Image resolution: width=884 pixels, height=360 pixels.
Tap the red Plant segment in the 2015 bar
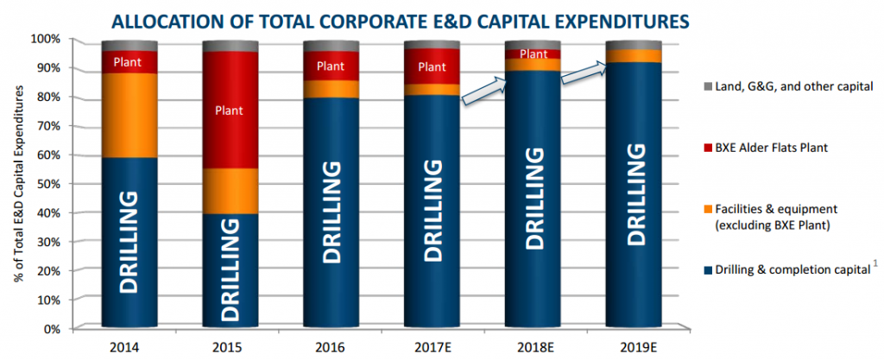coord(230,110)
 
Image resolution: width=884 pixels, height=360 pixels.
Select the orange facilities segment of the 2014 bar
coord(129,115)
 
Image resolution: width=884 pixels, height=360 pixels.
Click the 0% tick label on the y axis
coord(51,329)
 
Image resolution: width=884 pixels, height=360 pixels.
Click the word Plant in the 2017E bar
coord(431,66)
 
